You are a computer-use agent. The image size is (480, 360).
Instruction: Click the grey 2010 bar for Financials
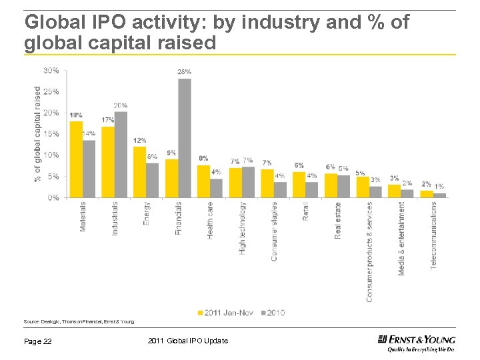tap(185, 138)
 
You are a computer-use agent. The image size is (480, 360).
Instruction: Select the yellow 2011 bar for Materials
tap(76, 159)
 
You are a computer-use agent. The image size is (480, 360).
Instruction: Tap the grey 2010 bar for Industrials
tap(121, 155)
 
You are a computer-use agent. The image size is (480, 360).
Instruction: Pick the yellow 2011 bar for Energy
tap(139, 172)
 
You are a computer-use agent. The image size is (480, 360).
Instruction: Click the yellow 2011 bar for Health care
tap(203, 181)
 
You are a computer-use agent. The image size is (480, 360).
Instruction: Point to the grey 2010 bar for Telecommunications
tap(439, 195)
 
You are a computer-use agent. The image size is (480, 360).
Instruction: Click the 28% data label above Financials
tap(184, 71)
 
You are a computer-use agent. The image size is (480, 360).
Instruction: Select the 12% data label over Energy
tap(140, 141)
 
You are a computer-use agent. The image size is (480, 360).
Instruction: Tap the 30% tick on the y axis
tap(51, 70)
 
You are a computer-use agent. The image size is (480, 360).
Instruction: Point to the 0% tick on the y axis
tap(53, 198)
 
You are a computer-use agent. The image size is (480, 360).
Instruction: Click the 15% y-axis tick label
tap(51, 134)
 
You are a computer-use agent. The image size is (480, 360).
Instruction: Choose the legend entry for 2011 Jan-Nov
tap(225, 312)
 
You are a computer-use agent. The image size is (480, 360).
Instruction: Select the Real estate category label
tap(338, 220)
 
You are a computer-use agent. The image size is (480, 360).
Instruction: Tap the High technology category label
tap(243, 228)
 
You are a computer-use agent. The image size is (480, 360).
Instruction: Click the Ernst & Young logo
tap(416, 342)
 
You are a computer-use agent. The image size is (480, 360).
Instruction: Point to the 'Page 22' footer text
tap(39, 341)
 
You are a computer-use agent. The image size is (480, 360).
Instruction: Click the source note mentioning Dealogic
tap(79, 321)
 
